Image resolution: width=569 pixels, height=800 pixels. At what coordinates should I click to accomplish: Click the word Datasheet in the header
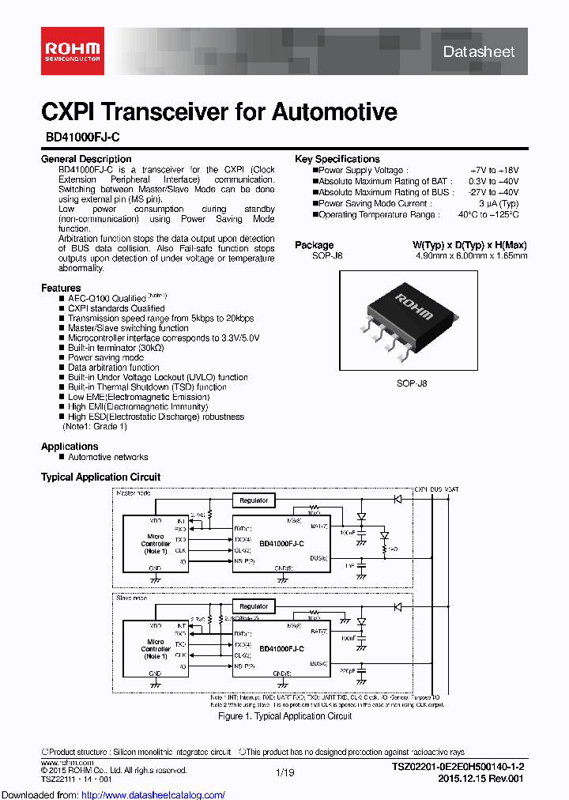(x=478, y=52)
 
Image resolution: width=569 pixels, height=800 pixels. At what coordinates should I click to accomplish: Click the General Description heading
(x=86, y=160)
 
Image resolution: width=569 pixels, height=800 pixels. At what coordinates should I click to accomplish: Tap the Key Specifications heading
(x=337, y=160)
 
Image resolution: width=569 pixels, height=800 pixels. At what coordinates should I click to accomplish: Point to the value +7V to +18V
(x=494, y=170)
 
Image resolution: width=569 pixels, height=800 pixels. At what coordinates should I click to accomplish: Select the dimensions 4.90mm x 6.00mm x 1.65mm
(x=472, y=255)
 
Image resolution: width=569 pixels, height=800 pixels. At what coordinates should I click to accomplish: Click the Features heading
(x=61, y=288)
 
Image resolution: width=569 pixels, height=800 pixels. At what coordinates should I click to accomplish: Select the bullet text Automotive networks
(x=108, y=457)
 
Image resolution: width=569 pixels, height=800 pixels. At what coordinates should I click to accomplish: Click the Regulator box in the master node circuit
(x=254, y=500)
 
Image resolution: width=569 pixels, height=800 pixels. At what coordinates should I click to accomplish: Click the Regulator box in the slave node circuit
(x=254, y=606)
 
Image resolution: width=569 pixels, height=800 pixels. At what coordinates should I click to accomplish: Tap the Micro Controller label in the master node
(x=156, y=543)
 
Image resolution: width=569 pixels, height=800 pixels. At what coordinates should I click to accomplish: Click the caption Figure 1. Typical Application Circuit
(x=284, y=716)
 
